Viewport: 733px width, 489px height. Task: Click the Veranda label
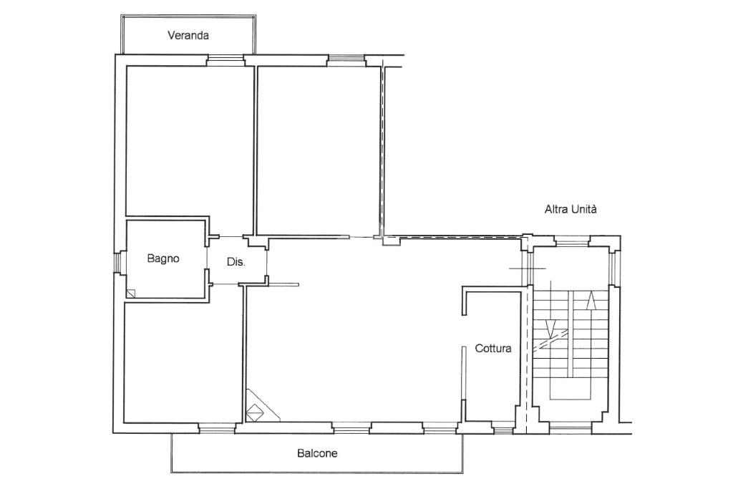[188, 36]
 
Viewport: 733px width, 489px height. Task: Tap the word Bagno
[163, 258]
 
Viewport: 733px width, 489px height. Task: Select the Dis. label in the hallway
[236, 262]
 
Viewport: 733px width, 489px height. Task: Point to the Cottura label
[493, 348]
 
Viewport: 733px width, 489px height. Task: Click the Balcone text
[317, 453]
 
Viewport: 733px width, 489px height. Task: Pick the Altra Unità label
[571, 209]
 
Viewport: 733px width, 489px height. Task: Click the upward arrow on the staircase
[592, 300]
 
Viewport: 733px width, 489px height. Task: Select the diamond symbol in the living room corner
[254, 413]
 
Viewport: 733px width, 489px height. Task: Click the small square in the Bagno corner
[131, 293]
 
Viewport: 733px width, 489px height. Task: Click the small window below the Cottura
[503, 428]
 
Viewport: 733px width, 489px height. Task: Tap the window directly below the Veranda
[225, 59]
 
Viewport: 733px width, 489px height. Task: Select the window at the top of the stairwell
[572, 241]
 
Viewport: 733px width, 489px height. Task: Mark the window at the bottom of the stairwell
[571, 427]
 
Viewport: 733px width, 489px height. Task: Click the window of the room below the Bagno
[216, 427]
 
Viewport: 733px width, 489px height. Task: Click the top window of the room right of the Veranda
[346, 59]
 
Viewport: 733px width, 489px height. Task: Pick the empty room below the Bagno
[183, 362]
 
